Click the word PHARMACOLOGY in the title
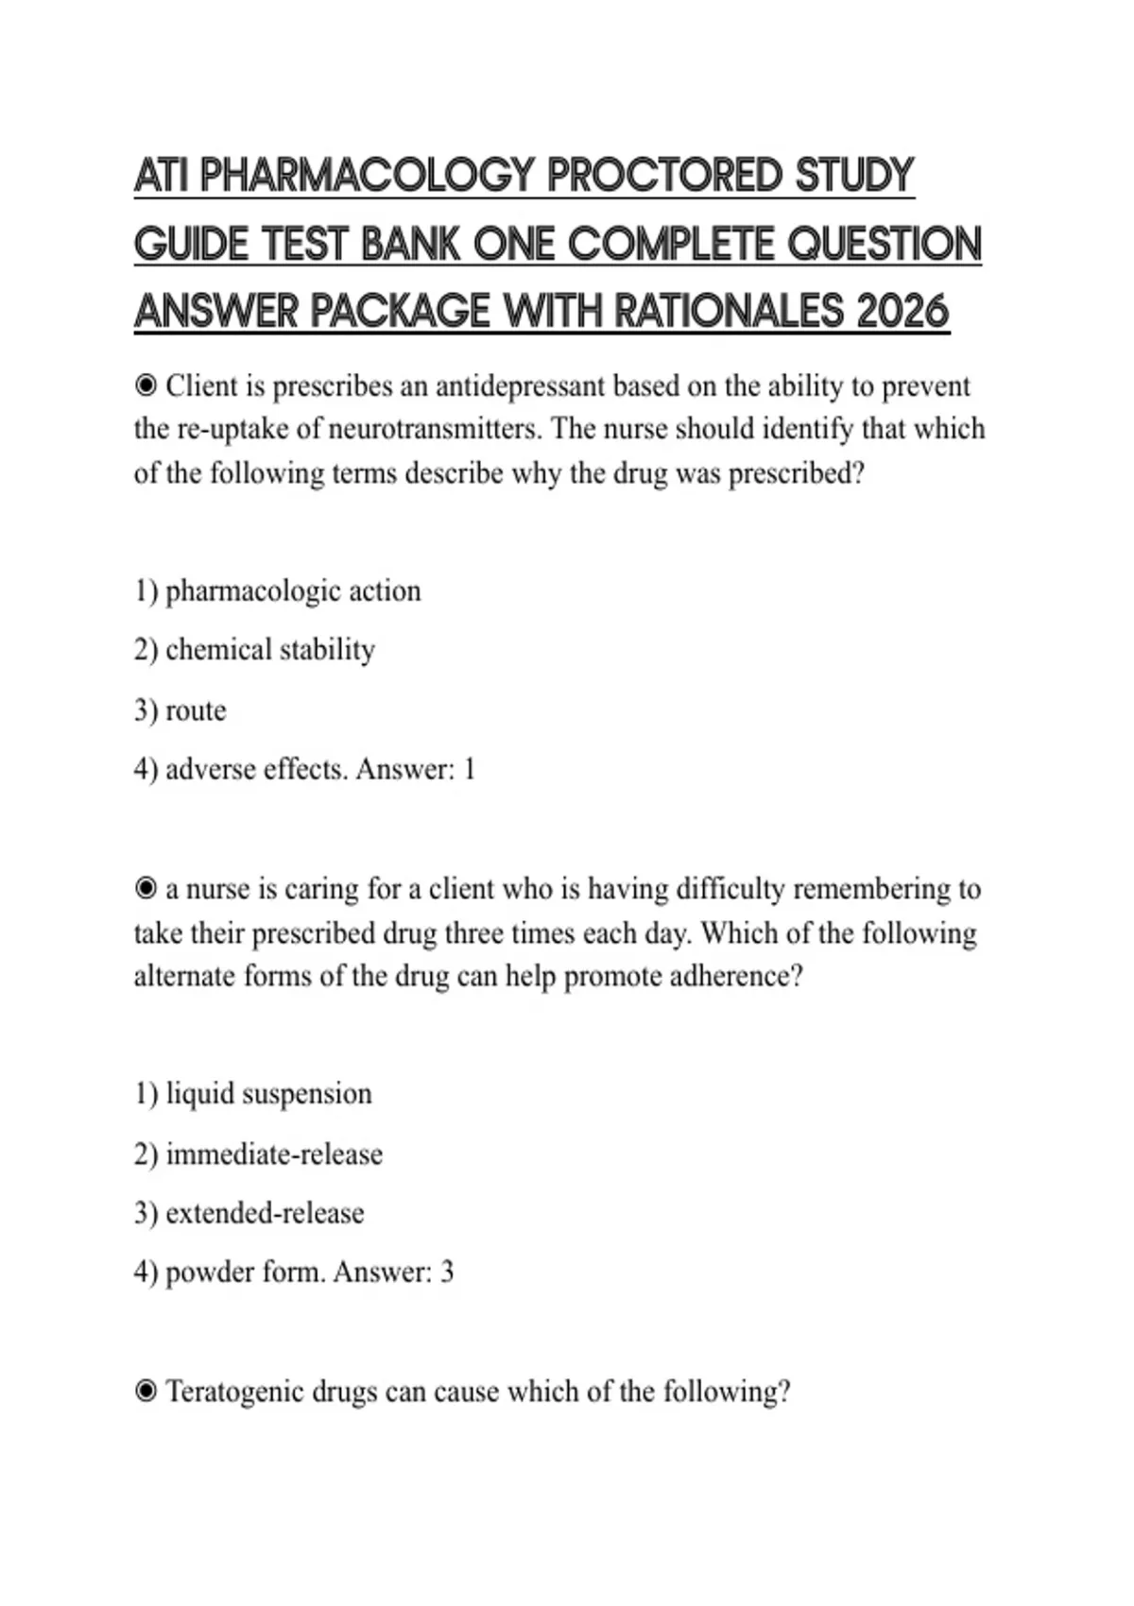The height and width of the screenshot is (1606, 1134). (369, 176)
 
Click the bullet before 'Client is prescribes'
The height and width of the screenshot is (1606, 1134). (146, 385)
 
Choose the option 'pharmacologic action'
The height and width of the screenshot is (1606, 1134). (293, 591)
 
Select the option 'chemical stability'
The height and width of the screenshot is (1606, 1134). (269, 650)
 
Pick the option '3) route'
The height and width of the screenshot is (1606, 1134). (180, 710)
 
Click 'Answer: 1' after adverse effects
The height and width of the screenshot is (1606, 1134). (415, 769)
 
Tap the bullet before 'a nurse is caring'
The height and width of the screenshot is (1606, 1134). (146, 889)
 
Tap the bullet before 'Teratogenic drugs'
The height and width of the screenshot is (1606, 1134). (146, 1392)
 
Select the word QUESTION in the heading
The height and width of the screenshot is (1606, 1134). (885, 244)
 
